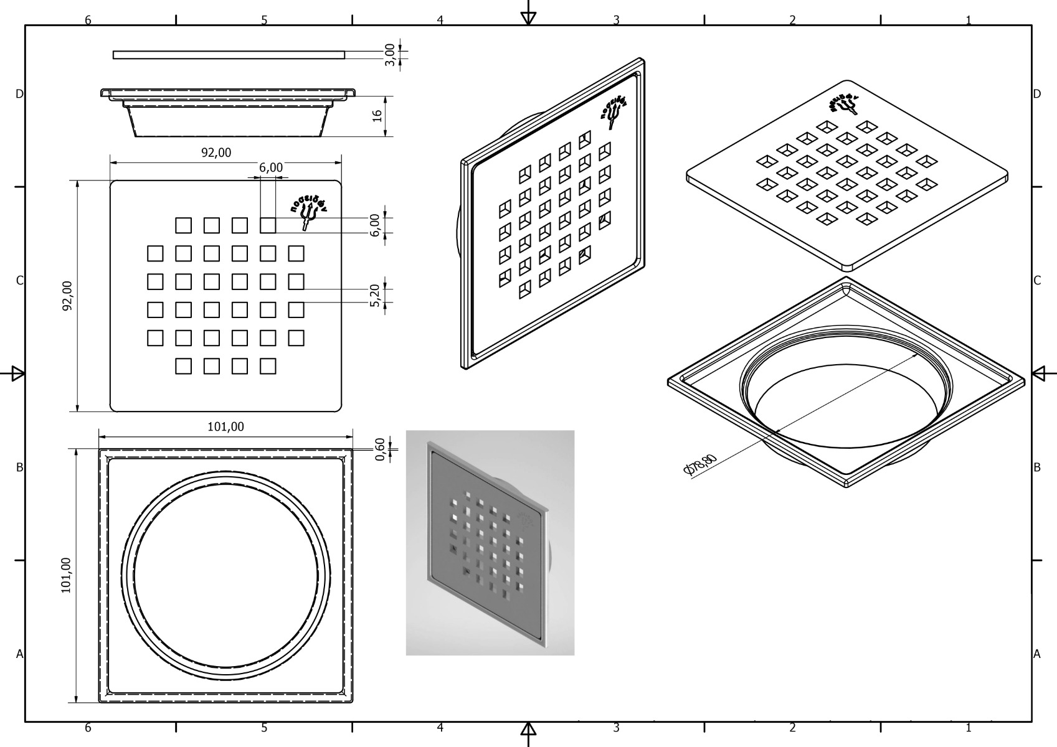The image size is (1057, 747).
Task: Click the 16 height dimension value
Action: click(x=377, y=116)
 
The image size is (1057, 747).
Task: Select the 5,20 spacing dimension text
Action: click(x=374, y=295)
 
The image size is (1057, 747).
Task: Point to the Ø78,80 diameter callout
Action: click(x=701, y=464)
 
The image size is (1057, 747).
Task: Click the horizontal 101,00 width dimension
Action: click(x=225, y=426)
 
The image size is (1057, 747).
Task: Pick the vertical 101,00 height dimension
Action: click(x=66, y=575)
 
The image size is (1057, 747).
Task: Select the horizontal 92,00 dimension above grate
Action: click(x=216, y=153)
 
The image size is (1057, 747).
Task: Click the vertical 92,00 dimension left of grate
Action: click(x=67, y=296)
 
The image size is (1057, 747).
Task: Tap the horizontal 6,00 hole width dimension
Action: click(x=271, y=167)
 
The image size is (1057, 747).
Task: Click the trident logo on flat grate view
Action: click(x=307, y=214)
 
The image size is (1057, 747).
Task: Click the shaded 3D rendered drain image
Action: click(x=490, y=543)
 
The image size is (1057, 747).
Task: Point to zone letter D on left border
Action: click(x=19, y=94)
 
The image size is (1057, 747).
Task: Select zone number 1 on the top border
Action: click(x=969, y=21)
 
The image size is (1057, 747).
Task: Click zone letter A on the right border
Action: click(x=1037, y=654)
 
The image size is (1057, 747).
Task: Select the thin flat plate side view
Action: click(x=229, y=55)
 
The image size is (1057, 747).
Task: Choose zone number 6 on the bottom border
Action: click(x=88, y=728)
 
